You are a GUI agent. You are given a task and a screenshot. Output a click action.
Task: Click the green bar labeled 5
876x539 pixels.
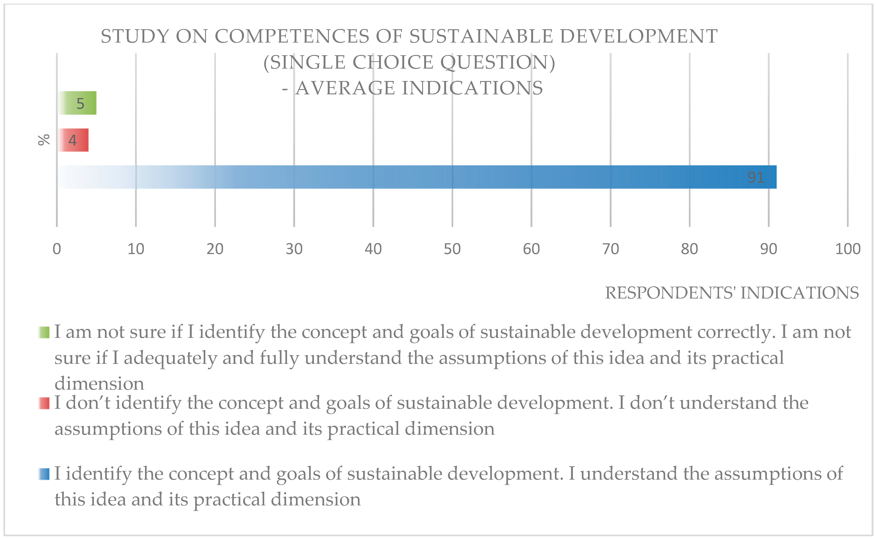click(x=77, y=103)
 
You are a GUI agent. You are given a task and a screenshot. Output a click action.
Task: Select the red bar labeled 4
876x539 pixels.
click(x=73, y=140)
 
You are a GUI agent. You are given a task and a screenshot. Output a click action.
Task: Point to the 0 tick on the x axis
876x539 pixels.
click(x=57, y=249)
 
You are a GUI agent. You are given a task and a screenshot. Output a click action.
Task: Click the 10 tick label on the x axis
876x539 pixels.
click(x=136, y=249)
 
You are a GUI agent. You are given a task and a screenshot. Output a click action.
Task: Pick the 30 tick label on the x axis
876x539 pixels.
click(x=294, y=249)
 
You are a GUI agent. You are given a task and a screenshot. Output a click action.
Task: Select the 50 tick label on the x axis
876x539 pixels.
click(x=452, y=249)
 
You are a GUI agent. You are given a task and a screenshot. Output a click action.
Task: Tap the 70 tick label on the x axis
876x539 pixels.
click(x=610, y=249)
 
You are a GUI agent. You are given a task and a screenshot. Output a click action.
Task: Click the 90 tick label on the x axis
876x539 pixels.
click(x=768, y=249)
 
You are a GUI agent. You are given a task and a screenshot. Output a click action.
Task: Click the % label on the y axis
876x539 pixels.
click(x=44, y=140)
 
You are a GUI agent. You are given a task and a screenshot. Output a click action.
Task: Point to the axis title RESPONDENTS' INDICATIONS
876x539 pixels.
click(x=732, y=293)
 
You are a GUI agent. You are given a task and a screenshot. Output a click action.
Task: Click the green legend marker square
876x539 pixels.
click(x=44, y=332)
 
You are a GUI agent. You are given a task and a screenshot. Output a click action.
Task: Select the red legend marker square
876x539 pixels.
click(x=44, y=403)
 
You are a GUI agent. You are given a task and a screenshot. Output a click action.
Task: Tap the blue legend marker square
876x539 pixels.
click(x=44, y=474)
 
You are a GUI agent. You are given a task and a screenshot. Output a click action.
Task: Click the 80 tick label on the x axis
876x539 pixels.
click(x=689, y=249)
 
